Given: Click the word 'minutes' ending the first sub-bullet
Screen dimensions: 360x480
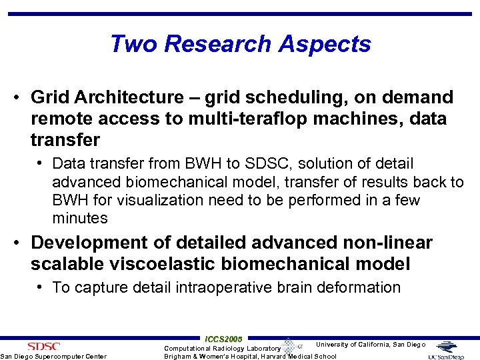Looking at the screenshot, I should tap(79, 219).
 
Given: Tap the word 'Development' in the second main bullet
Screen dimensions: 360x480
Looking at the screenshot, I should tap(94, 243).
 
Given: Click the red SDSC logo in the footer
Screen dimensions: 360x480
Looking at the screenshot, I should tap(43, 346).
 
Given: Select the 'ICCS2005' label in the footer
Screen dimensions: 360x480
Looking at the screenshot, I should tap(223, 339).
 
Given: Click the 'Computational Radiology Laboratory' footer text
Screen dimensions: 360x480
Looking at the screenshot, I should tap(223, 348).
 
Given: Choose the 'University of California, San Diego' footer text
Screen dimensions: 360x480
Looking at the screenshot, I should tap(370, 345).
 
